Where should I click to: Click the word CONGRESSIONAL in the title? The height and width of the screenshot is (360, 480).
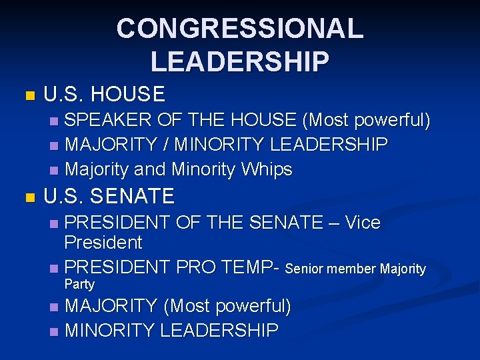pyautogui.click(x=240, y=29)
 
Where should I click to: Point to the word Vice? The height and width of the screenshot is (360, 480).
pyautogui.click(x=363, y=223)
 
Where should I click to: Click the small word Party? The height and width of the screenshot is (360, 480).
pyautogui.click(x=79, y=285)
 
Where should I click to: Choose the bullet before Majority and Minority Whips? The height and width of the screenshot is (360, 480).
pyautogui.click(x=54, y=171)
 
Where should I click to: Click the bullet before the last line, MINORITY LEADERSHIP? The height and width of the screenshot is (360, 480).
pyautogui.click(x=54, y=331)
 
